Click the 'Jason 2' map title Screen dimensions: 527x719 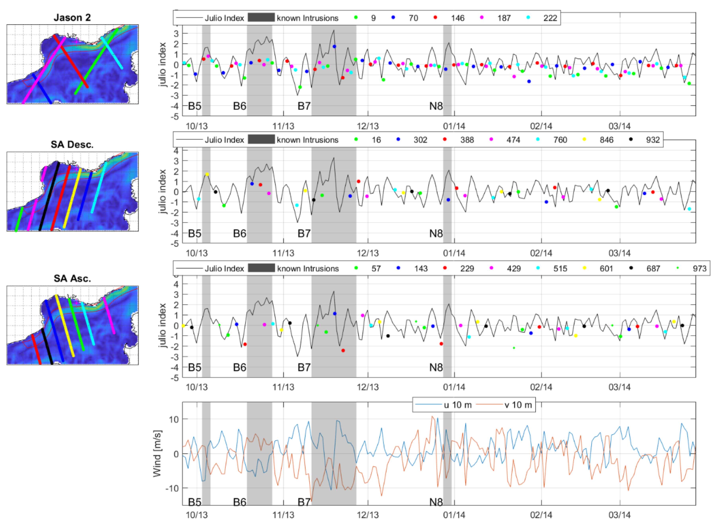point(72,18)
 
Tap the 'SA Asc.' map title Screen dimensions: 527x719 point(72,278)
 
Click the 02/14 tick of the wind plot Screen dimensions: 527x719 point(541,515)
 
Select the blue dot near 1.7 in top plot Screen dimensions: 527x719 point(334,47)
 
